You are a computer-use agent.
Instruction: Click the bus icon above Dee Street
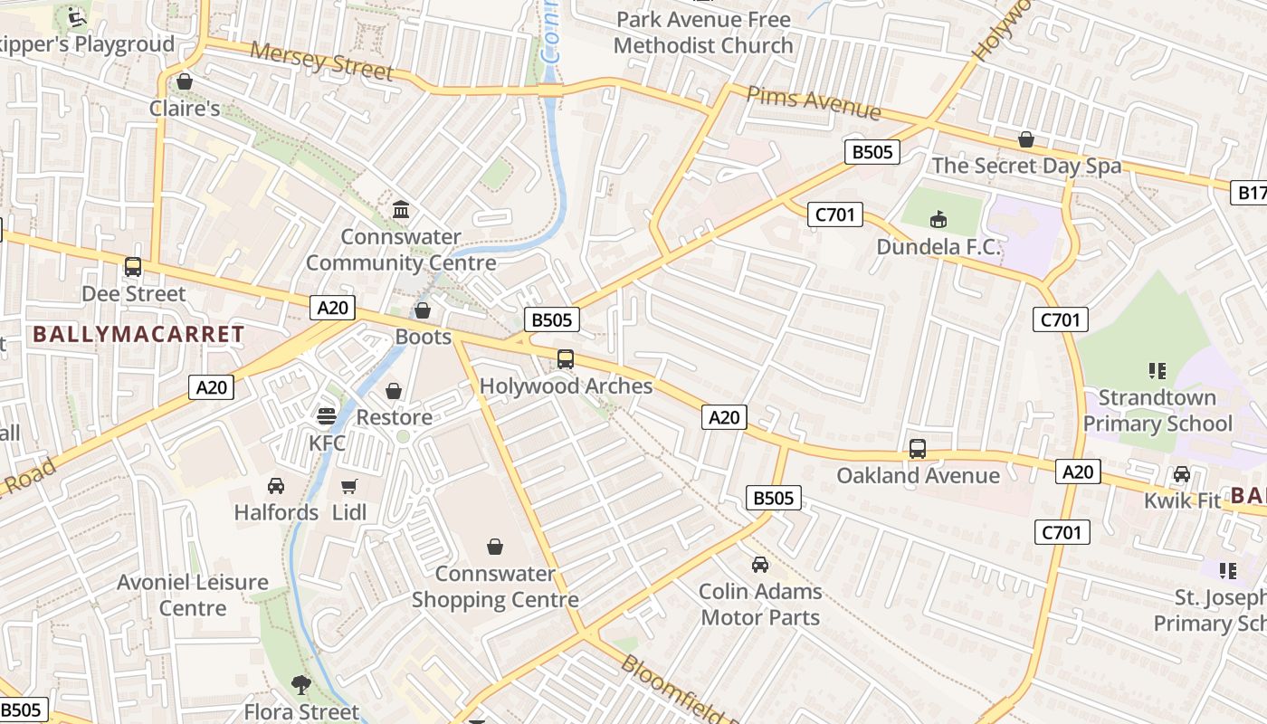[133, 267]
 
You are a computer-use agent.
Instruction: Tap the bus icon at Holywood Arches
[566, 359]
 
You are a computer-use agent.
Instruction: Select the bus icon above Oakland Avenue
[918, 449]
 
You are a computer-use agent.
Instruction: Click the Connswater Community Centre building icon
[401, 211]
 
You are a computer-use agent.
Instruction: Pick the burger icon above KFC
[327, 416]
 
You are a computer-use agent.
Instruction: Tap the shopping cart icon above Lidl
[349, 486]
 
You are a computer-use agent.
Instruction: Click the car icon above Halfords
[276, 486]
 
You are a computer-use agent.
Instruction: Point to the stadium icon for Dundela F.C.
[938, 220]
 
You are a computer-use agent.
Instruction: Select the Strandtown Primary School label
[1157, 411]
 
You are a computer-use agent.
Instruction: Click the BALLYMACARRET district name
[138, 334]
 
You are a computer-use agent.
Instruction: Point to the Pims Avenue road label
[813, 101]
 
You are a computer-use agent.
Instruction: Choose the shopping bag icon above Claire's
[185, 82]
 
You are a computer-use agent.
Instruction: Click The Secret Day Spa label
[1026, 166]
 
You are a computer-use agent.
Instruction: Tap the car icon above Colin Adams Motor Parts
[760, 565]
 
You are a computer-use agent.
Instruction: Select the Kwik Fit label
[1182, 500]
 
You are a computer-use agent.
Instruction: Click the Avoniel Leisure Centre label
[192, 595]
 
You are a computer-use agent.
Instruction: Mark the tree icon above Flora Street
[300, 685]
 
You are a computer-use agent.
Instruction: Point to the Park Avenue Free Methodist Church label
[703, 32]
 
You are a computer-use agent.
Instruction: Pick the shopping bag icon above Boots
[423, 311]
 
